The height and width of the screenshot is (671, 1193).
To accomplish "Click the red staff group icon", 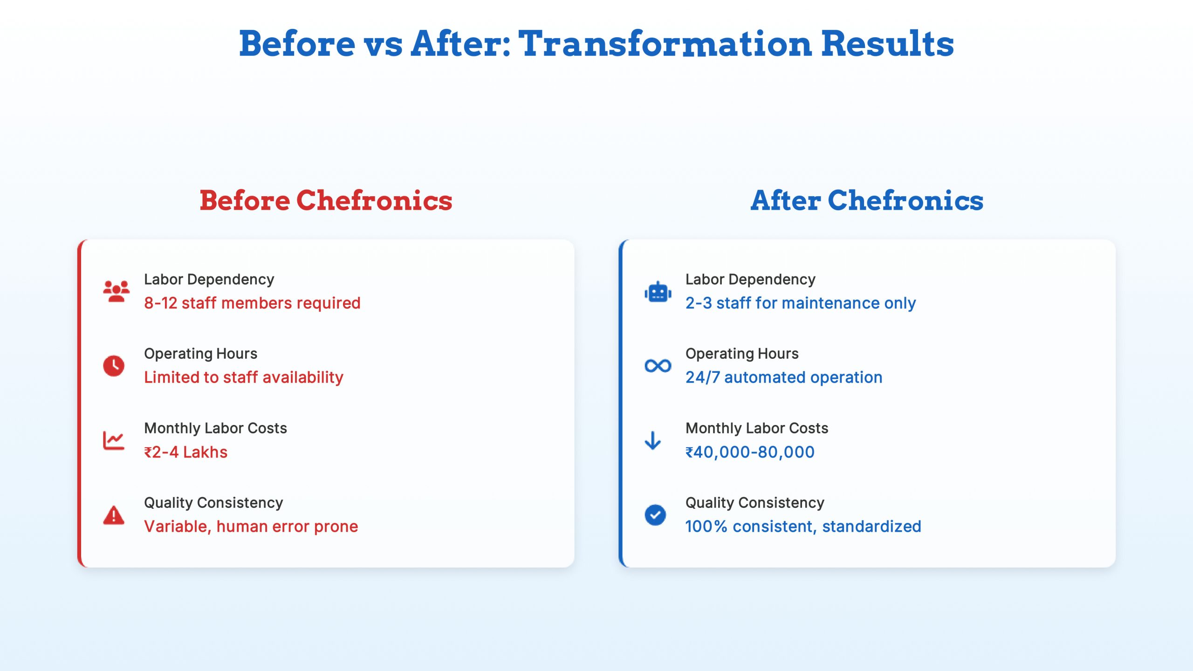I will tap(116, 291).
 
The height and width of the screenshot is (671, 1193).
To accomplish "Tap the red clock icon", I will tap(114, 366).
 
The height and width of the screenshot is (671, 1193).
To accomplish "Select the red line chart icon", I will tap(114, 440).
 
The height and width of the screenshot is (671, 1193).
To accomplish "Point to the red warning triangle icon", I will tap(114, 515).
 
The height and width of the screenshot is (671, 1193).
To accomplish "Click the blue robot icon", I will tap(658, 292).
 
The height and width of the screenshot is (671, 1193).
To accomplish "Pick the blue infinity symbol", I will tap(658, 366).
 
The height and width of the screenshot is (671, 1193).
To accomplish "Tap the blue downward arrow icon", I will tap(652, 440).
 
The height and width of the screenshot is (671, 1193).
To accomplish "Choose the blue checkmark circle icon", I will tap(655, 515).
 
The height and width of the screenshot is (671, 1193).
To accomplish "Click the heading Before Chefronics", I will tap(326, 201).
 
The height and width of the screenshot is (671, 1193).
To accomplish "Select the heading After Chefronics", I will tap(867, 201).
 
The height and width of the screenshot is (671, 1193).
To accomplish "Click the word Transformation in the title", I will tap(665, 44).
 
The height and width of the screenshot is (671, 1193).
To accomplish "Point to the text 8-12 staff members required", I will tap(252, 303).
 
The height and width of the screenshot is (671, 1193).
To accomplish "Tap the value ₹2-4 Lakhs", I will tap(185, 452).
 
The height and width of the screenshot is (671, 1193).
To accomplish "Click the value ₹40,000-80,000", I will tap(750, 452).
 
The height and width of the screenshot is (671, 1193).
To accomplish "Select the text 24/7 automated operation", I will tap(784, 377).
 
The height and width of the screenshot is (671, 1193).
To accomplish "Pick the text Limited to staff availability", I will tap(243, 377).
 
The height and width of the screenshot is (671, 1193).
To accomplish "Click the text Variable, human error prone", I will tap(251, 527).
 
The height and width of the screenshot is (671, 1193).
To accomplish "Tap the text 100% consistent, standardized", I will tap(803, 527).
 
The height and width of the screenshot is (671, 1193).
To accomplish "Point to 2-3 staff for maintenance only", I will tap(800, 303).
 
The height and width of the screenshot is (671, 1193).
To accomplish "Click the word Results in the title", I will tap(887, 44).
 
